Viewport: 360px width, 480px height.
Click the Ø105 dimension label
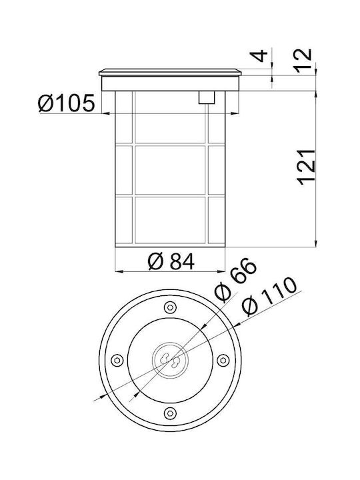point(66,103)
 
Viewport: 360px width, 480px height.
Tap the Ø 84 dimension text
point(171,262)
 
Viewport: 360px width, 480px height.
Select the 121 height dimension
point(306,167)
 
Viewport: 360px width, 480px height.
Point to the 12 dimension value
point(303,60)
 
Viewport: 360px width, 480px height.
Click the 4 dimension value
point(259,56)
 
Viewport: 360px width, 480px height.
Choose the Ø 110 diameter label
point(269,296)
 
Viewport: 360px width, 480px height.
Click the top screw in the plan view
point(170,307)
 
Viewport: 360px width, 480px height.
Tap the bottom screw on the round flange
point(170,413)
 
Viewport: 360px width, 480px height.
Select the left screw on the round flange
point(117,360)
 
